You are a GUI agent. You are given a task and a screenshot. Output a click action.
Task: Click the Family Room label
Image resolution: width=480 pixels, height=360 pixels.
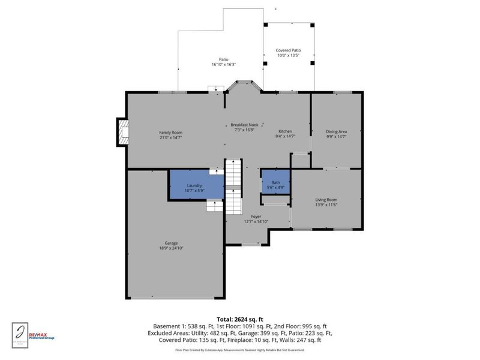(x=170, y=132)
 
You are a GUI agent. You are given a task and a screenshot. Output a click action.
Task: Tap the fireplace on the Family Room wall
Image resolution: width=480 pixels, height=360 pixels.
(x=122, y=132)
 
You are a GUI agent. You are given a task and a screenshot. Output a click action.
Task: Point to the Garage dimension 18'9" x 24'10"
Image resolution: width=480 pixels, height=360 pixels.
(x=170, y=248)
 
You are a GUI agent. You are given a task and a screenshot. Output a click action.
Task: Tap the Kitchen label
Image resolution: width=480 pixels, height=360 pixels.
(x=285, y=131)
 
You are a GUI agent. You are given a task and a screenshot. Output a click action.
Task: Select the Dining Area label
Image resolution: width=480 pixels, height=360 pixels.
(x=336, y=131)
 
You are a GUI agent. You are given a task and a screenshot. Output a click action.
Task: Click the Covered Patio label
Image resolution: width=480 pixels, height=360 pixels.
(x=288, y=50)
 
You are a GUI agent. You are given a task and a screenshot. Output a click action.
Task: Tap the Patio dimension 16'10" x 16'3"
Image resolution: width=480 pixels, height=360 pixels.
(x=223, y=64)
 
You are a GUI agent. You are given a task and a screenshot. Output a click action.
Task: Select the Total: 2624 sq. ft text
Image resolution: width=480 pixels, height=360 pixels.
(x=239, y=319)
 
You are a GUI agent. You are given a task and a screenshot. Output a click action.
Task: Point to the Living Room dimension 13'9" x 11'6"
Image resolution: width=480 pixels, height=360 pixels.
(x=326, y=205)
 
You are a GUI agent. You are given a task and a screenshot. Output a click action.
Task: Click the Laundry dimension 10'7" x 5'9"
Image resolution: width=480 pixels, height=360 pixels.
(x=194, y=191)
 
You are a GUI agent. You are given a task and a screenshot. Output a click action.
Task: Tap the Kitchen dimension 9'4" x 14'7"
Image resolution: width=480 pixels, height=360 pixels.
(x=285, y=137)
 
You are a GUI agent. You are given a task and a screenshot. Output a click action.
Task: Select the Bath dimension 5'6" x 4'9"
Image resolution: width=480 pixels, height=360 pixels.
(x=275, y=188)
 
